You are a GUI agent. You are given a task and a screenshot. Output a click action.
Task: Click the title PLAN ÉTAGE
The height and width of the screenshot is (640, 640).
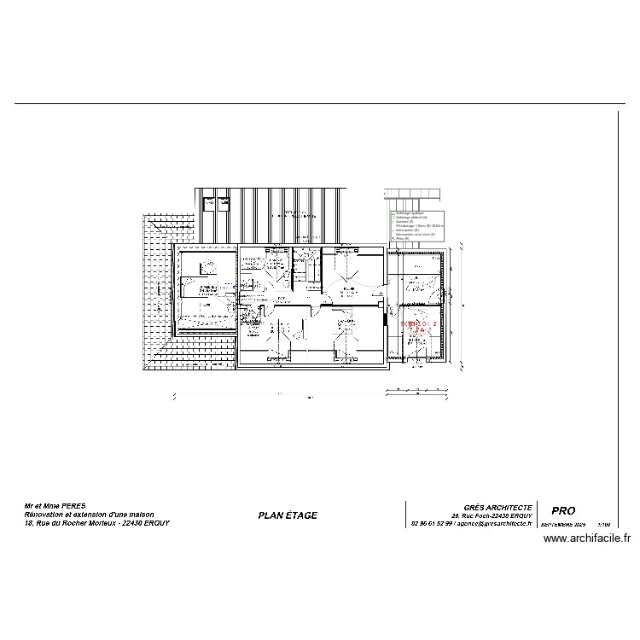point(287,515)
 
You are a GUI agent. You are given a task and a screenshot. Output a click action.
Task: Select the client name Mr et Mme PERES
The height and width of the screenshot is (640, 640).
point(55,506)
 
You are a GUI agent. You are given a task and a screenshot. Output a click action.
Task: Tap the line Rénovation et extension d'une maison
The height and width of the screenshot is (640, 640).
point(84,515)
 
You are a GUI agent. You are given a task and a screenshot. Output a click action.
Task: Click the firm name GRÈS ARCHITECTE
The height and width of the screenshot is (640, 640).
point(497,507)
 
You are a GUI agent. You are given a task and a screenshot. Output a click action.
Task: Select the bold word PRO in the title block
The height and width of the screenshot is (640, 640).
point(564,511)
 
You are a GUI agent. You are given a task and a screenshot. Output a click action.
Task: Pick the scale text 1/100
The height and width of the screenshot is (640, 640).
point(604,525)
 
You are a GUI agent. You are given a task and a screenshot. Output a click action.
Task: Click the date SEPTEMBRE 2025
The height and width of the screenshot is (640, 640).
point(563,525)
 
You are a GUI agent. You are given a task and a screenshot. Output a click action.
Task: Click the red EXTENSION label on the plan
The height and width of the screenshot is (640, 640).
point(418,325)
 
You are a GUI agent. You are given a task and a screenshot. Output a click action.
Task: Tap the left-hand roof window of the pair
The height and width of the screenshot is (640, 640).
point(207,204)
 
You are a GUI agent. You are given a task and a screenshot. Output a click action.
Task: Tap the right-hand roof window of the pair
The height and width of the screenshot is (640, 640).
point(224,204)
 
